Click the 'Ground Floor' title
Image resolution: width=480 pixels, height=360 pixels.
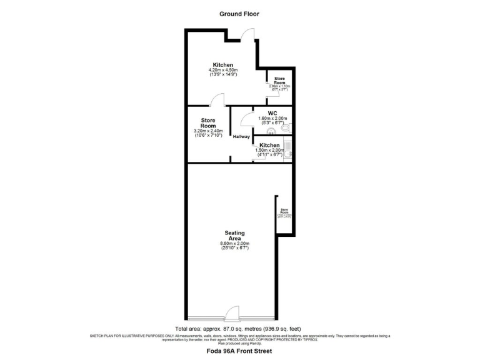tap(239, 14)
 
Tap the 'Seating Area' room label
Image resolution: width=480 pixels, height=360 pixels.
tap(235, 236)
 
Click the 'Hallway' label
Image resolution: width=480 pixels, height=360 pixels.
tap(242, 137)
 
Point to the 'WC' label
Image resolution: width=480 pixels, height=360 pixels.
tap(272, 113)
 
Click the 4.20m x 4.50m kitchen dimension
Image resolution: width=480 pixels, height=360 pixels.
tap(223, 71)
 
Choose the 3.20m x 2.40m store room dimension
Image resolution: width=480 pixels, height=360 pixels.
tap(208, 131)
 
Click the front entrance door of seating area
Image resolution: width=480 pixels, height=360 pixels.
tap(232, 312)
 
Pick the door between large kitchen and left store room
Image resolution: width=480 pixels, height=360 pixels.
tap(217, 100)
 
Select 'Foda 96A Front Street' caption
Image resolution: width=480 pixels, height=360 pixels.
tap(239, 351)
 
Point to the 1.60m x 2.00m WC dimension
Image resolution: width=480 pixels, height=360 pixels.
tap(272, 119)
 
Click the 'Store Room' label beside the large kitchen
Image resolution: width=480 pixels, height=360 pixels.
tap(280, 81)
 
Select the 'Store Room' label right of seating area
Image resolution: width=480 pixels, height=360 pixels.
tap(284, 211)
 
